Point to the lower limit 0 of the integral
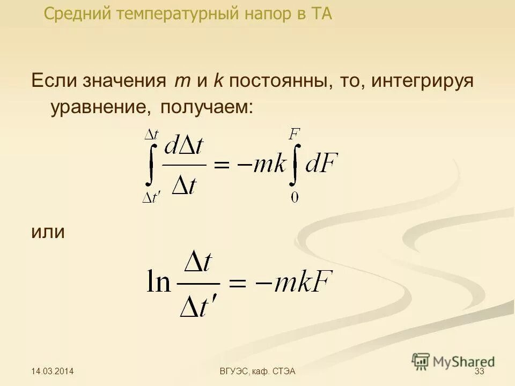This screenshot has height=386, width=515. tap(295, 198)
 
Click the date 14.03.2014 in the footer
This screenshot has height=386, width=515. tap(52, 372)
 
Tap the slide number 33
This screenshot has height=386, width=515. tap(480, 372)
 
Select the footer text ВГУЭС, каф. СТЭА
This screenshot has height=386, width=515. tap(258, 372)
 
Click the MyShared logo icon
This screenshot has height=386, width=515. tap(421, 361)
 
